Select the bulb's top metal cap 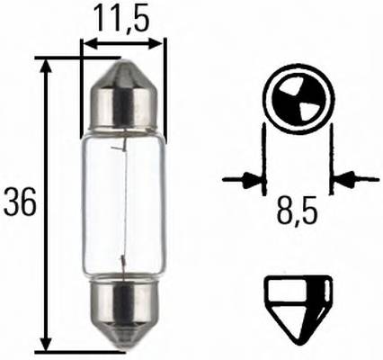click(124, 99)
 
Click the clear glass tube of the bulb click(124, 203)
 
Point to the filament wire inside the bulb click(120, 203)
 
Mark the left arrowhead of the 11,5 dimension click(87, 42)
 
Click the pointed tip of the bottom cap click(124, 348)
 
